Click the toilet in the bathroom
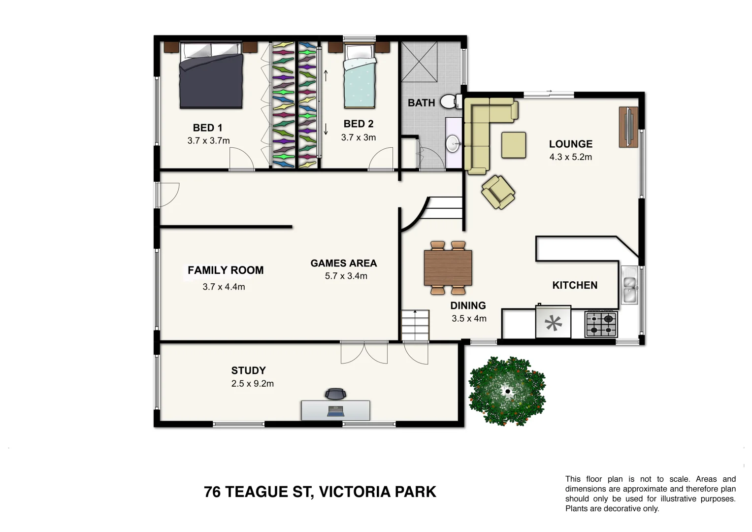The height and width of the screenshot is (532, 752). pos(449,102)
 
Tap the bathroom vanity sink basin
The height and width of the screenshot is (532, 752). pos(453,144)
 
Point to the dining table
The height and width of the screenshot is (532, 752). pos(448,268)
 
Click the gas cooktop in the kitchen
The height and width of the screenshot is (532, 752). pos(601,324)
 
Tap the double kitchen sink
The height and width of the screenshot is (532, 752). pos(629,289)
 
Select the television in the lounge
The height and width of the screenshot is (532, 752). pos(629,127)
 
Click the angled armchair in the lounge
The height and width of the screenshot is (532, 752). pos(498,192)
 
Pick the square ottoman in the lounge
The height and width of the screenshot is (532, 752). pos(514,145)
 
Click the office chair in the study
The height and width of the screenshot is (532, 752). pos(335,394)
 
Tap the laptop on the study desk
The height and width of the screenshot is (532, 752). pos(335,411)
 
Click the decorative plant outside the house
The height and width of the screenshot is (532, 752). pos(507,392)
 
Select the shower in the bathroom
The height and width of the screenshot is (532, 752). pos(419,62)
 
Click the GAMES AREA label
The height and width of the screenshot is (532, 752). pos(344,263)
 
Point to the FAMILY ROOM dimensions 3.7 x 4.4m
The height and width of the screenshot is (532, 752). pos(224,287)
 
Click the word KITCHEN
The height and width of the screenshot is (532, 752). pos(575,285)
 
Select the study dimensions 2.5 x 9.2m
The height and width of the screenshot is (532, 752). pos(253,383)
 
